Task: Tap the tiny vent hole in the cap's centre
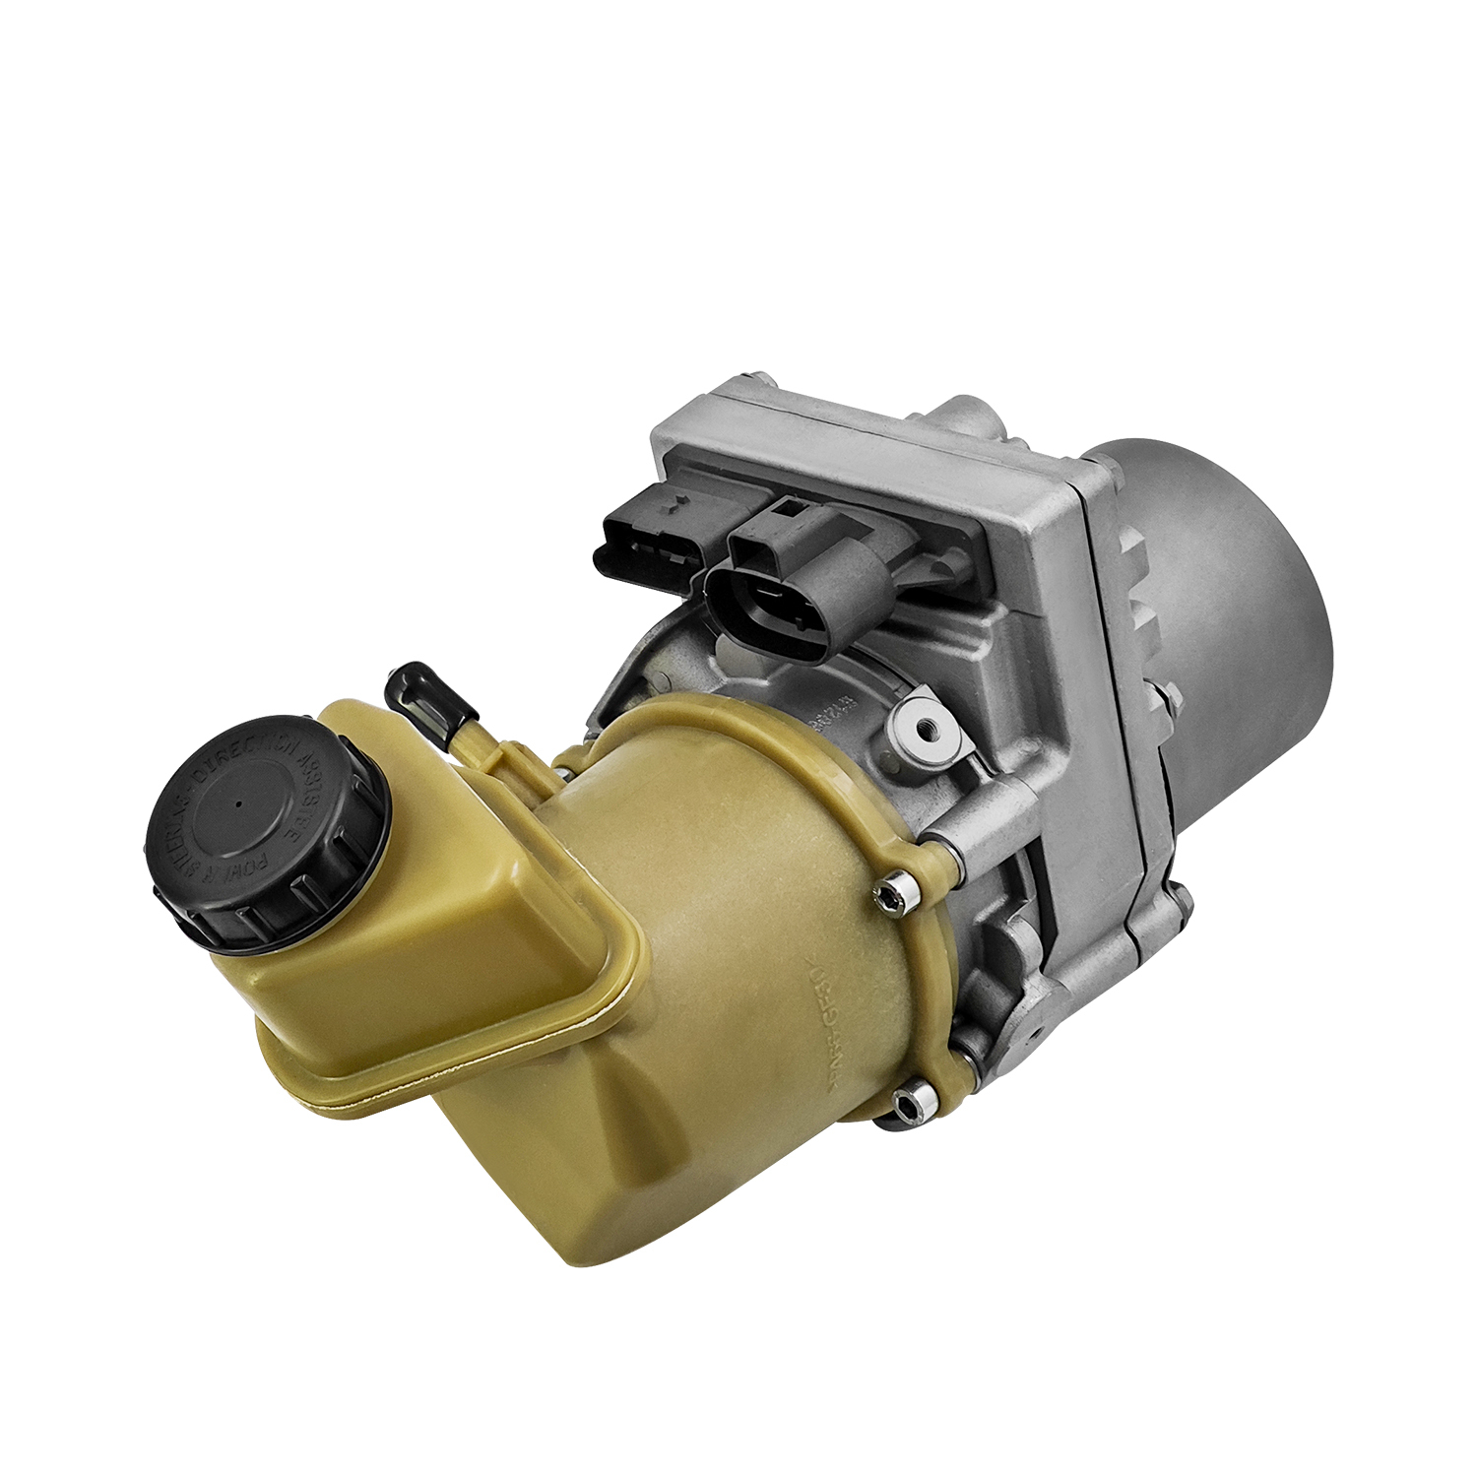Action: (239, 802)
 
